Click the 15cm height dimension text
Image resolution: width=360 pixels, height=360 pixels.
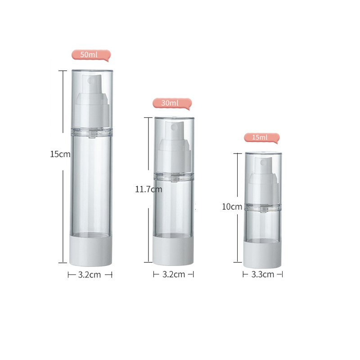60,154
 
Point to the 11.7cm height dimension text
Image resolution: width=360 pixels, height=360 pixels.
148,189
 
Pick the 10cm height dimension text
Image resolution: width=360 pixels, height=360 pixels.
232,207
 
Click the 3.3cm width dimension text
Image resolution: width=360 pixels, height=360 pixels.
263,274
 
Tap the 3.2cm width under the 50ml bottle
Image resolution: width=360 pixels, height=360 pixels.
90,274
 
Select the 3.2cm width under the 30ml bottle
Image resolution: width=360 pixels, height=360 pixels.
173,274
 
